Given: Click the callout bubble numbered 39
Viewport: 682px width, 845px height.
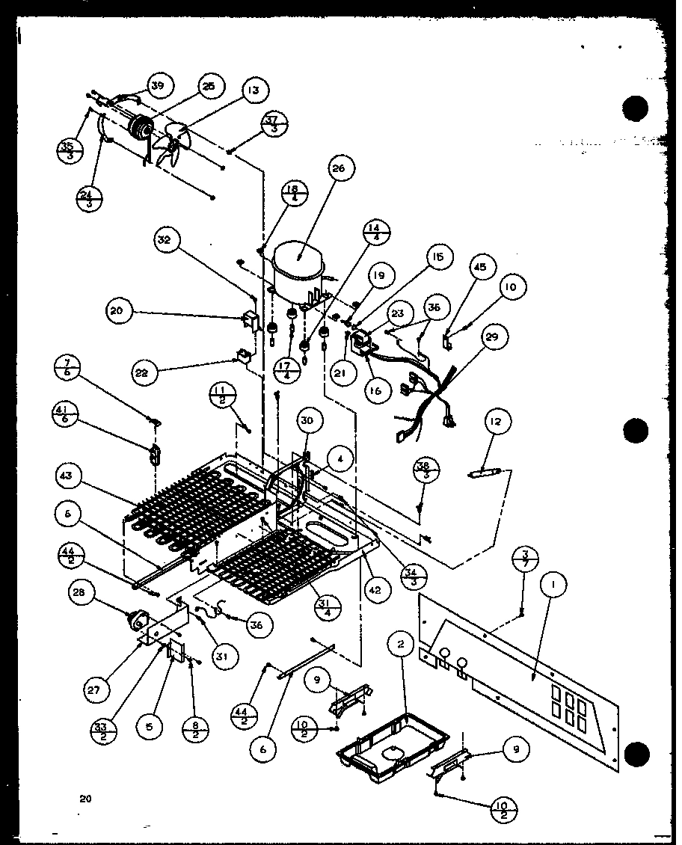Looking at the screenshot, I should point(158,86).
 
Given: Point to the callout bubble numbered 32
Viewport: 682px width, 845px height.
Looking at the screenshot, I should point(165,241).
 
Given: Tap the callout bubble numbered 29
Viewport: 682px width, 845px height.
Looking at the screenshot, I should point(512,337).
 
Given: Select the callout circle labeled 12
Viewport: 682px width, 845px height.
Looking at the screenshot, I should point(497,423).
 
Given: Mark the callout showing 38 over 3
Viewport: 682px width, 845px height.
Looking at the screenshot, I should point(428,470).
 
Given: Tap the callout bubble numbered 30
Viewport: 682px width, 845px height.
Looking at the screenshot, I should point(307,421).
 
